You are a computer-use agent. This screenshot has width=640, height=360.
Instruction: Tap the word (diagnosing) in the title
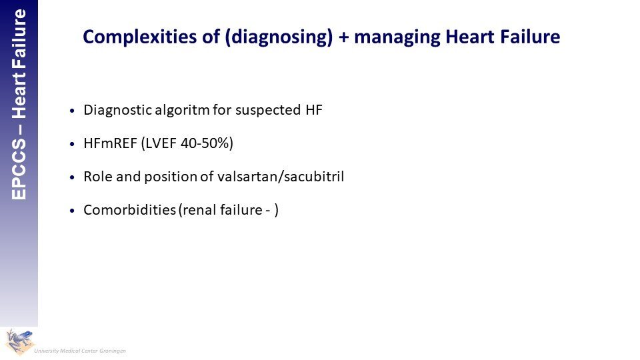coord(279,37)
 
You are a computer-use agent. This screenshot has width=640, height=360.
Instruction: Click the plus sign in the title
coord(344,37)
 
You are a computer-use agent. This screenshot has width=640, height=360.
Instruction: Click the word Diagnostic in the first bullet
coord(117,110)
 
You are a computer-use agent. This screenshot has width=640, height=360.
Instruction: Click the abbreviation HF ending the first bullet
coord(314,110)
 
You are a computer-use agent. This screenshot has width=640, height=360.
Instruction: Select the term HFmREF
coord(110,143)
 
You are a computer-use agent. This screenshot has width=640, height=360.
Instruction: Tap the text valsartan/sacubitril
coord(281,176)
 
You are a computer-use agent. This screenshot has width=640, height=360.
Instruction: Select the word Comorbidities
coord(129,210)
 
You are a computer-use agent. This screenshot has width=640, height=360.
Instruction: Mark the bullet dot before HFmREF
coord(72,144)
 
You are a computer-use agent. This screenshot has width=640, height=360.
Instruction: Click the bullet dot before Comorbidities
coord(72,211)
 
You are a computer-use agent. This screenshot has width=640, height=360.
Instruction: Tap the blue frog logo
coord(19,341)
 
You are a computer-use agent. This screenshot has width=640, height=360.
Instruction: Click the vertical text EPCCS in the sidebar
coord(19,169)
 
